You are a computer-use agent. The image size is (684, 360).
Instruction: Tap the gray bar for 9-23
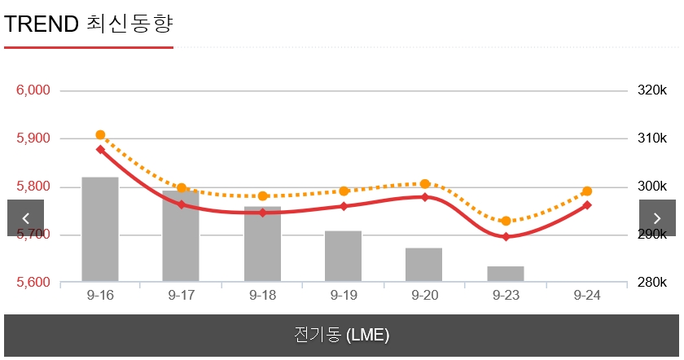(506, 274)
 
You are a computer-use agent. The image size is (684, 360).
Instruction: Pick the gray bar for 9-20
(424, 266)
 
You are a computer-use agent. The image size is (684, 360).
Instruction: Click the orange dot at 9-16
(100, 135)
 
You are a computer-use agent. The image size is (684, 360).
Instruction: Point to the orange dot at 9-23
(506, 222)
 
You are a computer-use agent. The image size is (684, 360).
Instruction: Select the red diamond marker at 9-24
(587, 205)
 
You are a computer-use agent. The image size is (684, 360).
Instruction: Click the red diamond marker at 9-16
(100, 150)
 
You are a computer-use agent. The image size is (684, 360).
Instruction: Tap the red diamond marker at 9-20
(424, 197)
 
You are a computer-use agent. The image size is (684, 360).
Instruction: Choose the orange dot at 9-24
(587, 191)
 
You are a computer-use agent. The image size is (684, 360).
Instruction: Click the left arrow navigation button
(26, 218)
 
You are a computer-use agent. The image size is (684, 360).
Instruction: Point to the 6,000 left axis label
(33, 90)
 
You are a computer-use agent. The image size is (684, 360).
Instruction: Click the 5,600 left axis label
(33, 283)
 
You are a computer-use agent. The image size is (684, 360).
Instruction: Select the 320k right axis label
(652, 90)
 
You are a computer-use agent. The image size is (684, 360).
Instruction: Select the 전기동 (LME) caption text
(342, 335)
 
